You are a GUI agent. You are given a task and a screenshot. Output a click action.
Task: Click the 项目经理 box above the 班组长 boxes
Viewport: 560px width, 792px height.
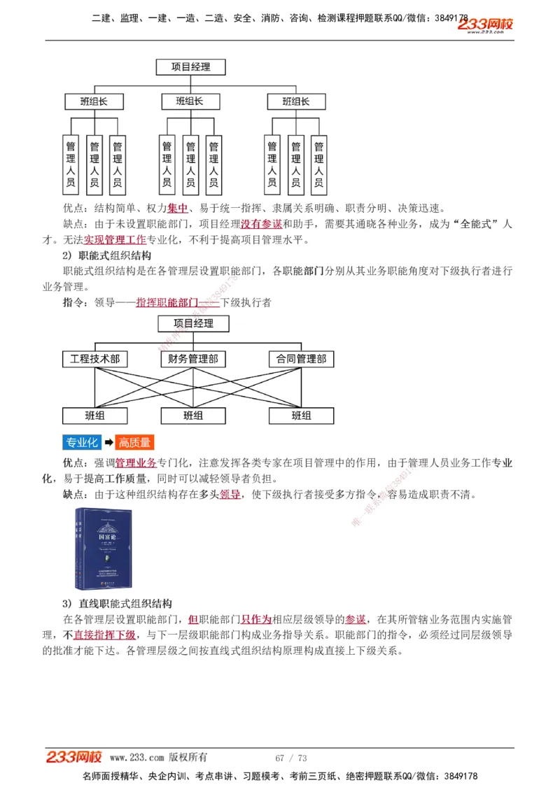click(191, 67)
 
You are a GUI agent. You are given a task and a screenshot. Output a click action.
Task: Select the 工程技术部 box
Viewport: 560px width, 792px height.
click(94, 359)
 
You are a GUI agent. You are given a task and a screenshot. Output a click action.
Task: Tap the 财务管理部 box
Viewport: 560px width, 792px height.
click(193, 359)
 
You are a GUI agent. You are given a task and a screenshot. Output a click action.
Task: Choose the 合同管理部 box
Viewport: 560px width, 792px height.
click(301, 359)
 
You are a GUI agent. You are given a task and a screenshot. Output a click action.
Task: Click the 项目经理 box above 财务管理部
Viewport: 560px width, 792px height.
click(193, 323)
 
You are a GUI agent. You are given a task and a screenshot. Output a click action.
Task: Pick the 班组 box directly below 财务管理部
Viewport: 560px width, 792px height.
click(193, 415)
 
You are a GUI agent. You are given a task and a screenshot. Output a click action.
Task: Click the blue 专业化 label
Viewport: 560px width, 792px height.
click(81, 442)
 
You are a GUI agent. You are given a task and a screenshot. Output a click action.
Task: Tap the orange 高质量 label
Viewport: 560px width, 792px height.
click(134, 442)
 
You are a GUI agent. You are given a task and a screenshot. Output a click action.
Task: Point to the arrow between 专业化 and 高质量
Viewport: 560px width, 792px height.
click(108, 442)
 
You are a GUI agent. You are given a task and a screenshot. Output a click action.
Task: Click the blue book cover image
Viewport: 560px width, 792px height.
click(104, 549)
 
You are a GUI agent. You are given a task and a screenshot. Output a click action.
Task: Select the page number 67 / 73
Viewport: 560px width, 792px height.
click(291, 758)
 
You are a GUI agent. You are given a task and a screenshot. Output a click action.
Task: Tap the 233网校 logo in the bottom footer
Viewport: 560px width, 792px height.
click(74, 757)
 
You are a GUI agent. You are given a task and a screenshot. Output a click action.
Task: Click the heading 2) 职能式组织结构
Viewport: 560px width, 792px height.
click(106, 255)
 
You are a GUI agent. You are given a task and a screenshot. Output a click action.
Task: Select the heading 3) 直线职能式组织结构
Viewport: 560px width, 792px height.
click(117, 603)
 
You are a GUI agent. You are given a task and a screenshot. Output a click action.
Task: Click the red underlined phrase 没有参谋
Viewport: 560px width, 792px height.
click(262, 224)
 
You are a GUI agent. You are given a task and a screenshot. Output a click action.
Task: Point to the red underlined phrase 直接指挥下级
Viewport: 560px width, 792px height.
click(104, 635)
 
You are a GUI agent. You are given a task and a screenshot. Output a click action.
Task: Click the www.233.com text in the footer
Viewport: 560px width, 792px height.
click(137, 758)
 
